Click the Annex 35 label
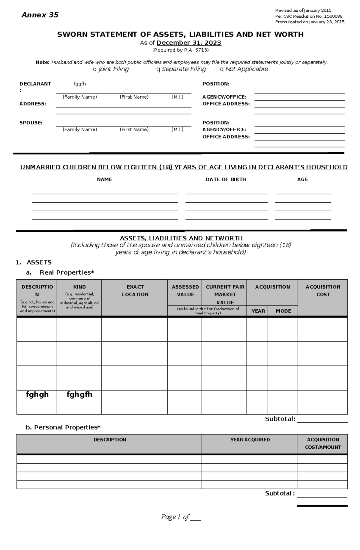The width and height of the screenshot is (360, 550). (x=40, y=15)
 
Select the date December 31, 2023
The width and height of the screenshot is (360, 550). (x=189, y=43)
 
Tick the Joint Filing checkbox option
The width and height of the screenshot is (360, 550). (x=95, y=70)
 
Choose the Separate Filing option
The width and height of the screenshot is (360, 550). (x=158, y=70)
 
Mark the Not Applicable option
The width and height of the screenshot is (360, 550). (x=222, y=70)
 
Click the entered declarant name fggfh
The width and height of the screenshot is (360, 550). (x=79, y=84)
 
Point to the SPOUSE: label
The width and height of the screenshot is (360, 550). (x=31, y=123)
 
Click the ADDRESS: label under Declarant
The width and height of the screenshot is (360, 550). (x=33, y=104)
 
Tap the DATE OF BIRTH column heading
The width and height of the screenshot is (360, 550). (x=226, y=180)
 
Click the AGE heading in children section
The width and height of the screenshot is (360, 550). (x=302, y=180)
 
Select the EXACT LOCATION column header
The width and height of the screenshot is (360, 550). (x=135, y=290)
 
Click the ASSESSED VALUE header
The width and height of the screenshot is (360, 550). (x=185, y=290)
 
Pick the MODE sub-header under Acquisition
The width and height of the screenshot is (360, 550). (x=283, y=311)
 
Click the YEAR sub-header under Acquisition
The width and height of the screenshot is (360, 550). (x=258, y=311)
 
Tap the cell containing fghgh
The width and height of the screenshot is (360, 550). (x=37, y=394)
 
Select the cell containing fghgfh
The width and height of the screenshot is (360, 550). (x=79, y=394)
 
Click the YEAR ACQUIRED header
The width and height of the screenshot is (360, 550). (x=250, y=440)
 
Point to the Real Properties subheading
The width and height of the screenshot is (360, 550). (x=67, y=272)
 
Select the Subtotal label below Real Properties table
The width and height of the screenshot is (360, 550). (x=280, y=419)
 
